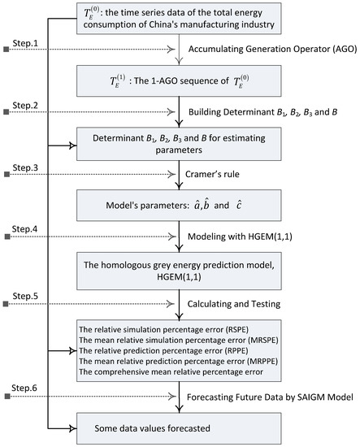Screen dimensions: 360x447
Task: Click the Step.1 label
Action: [x=25, y=43]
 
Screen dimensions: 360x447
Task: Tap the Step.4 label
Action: [x=24, y=229]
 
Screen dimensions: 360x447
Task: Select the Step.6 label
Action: [x=24, y=388]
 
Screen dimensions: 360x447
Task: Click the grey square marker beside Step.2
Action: [x=7, y=112]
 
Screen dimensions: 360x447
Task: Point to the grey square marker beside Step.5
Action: [x=6, y=304]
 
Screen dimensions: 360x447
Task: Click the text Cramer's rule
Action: [x=212, y=174]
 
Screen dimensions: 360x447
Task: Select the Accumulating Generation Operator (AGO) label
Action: [x=272, y=49]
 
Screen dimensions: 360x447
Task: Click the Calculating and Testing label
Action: [x=234, y=304]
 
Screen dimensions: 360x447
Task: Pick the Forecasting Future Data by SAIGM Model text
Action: [x=270, y=397]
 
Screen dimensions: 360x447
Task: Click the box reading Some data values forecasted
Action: [x=179, y=428]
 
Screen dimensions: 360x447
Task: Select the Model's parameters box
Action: [x=179, y=206]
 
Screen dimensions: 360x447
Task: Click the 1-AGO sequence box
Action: [x=179, y=81]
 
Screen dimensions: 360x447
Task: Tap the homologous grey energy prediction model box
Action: [x=179, y=271]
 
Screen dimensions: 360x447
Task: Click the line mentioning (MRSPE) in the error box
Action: [x=179, y=340]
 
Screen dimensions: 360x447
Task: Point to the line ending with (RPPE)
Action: [x=163, y=350]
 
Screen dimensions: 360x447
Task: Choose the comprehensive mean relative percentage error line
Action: [x=171, y=371]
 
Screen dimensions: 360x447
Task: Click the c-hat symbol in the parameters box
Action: [x=239, y=205]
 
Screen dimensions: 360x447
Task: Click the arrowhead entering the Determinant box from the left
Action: [x=73, y=145]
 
